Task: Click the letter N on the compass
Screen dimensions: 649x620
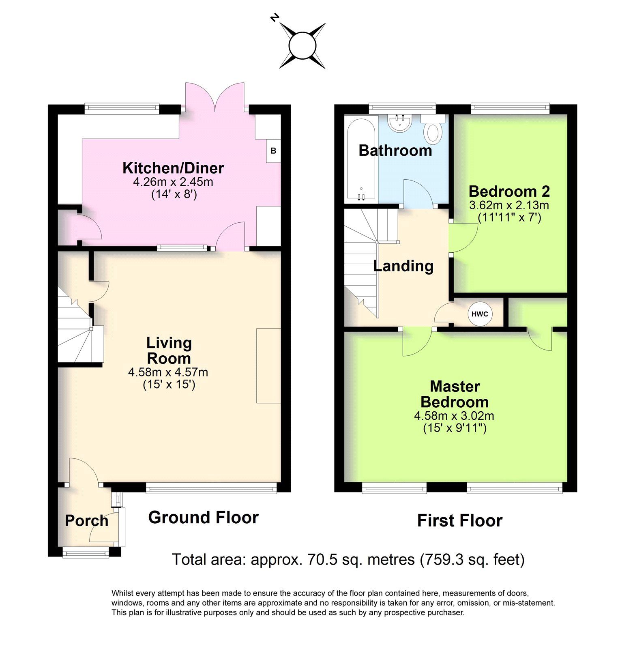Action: [x=275, y=17]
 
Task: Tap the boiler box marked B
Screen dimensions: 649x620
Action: [x=273, y=151]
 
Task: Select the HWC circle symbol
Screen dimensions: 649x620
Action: [x=480, y=314]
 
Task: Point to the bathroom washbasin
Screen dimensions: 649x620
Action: [x=399, y=122]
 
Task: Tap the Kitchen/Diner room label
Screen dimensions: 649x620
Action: [x=173, y=168]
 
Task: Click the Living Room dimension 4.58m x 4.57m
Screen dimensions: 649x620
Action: [x=168, y=372]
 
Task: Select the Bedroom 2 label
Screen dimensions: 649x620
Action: [x=509, y=191]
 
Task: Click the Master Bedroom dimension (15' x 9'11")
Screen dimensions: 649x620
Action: [x=455, y=428]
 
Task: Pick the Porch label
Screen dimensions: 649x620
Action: [x=87, y=521]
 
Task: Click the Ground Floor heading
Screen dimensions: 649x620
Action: [x=203, y=518]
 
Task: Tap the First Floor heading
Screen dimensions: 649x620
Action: [x=460, y=520]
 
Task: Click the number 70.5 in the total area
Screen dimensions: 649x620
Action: [x=321, y=559]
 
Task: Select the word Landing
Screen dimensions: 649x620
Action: [x=403, y=266]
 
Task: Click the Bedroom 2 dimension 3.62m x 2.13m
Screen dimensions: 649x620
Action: [x=509, y=205]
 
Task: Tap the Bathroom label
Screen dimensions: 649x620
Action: [x=395, y=150]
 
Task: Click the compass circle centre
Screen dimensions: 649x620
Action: [x=302, y=45]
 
